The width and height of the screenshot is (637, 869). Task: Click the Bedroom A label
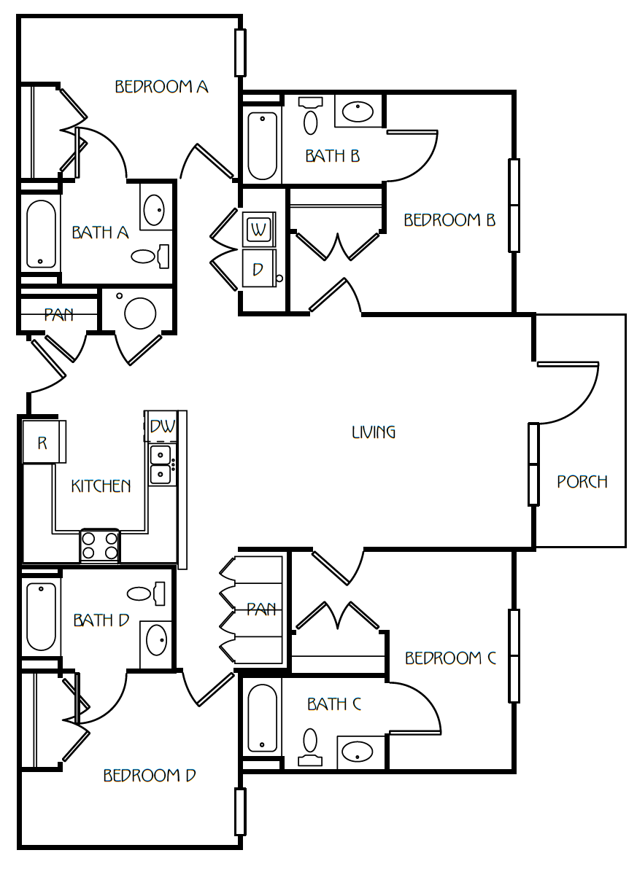(x=161, y=87)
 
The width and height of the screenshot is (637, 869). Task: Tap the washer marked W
(x=258, y=229)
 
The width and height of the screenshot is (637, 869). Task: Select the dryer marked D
(x=259, y=269)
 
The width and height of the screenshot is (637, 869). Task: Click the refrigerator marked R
(x=44, y=442)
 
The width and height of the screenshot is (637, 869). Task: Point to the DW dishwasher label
(x=163, y=426)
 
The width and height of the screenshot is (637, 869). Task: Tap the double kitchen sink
(x=161, y=464)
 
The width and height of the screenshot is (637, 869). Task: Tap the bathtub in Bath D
(x=41, y=616)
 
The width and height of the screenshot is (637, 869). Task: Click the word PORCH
(x=582, y=482)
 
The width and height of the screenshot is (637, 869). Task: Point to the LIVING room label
(x=374, y=432)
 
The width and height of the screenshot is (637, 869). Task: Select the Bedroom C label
(x=450, y=658)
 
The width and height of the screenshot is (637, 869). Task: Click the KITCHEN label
(x=101, y=486)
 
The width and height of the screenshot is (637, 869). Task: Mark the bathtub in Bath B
(x=262, y=147)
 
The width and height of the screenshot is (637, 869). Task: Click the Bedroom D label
(x=150, y=776)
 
